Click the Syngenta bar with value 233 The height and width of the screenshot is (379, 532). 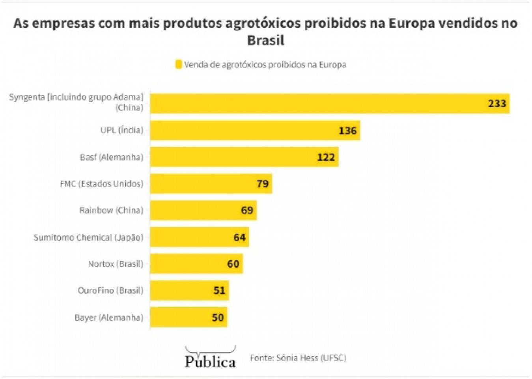click(x=330, y=104)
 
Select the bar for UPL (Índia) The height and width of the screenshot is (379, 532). click(x=255, y=131)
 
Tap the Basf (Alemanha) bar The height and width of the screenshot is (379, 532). click(x=244, y=157)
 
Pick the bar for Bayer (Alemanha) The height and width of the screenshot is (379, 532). click(x=189, y=317)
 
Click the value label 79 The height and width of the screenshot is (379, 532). click(x=263, y=184)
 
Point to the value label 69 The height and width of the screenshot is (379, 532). click(x=247, y=210)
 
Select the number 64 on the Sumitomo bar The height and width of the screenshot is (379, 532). click(x=239, y=237)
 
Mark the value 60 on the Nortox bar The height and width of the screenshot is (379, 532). click(x=233, y=264)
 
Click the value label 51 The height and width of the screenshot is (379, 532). click(x=219, y=291)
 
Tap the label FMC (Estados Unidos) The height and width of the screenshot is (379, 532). click(x=101, y=184)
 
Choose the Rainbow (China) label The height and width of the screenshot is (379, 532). click(x=111, y=210)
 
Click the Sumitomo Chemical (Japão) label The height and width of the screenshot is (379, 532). click(x=88, y=237)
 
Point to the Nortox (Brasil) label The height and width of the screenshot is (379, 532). click(x=116, y=264)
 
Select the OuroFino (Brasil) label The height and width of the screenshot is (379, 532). click(x=110, y=291)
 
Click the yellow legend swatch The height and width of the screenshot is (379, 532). click(x=179, y=64)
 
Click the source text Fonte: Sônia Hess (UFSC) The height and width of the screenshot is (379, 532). click(x=298, y=358)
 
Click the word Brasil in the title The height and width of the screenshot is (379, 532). click(x=266, y=40)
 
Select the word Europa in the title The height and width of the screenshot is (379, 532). click(x=412, y=23)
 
